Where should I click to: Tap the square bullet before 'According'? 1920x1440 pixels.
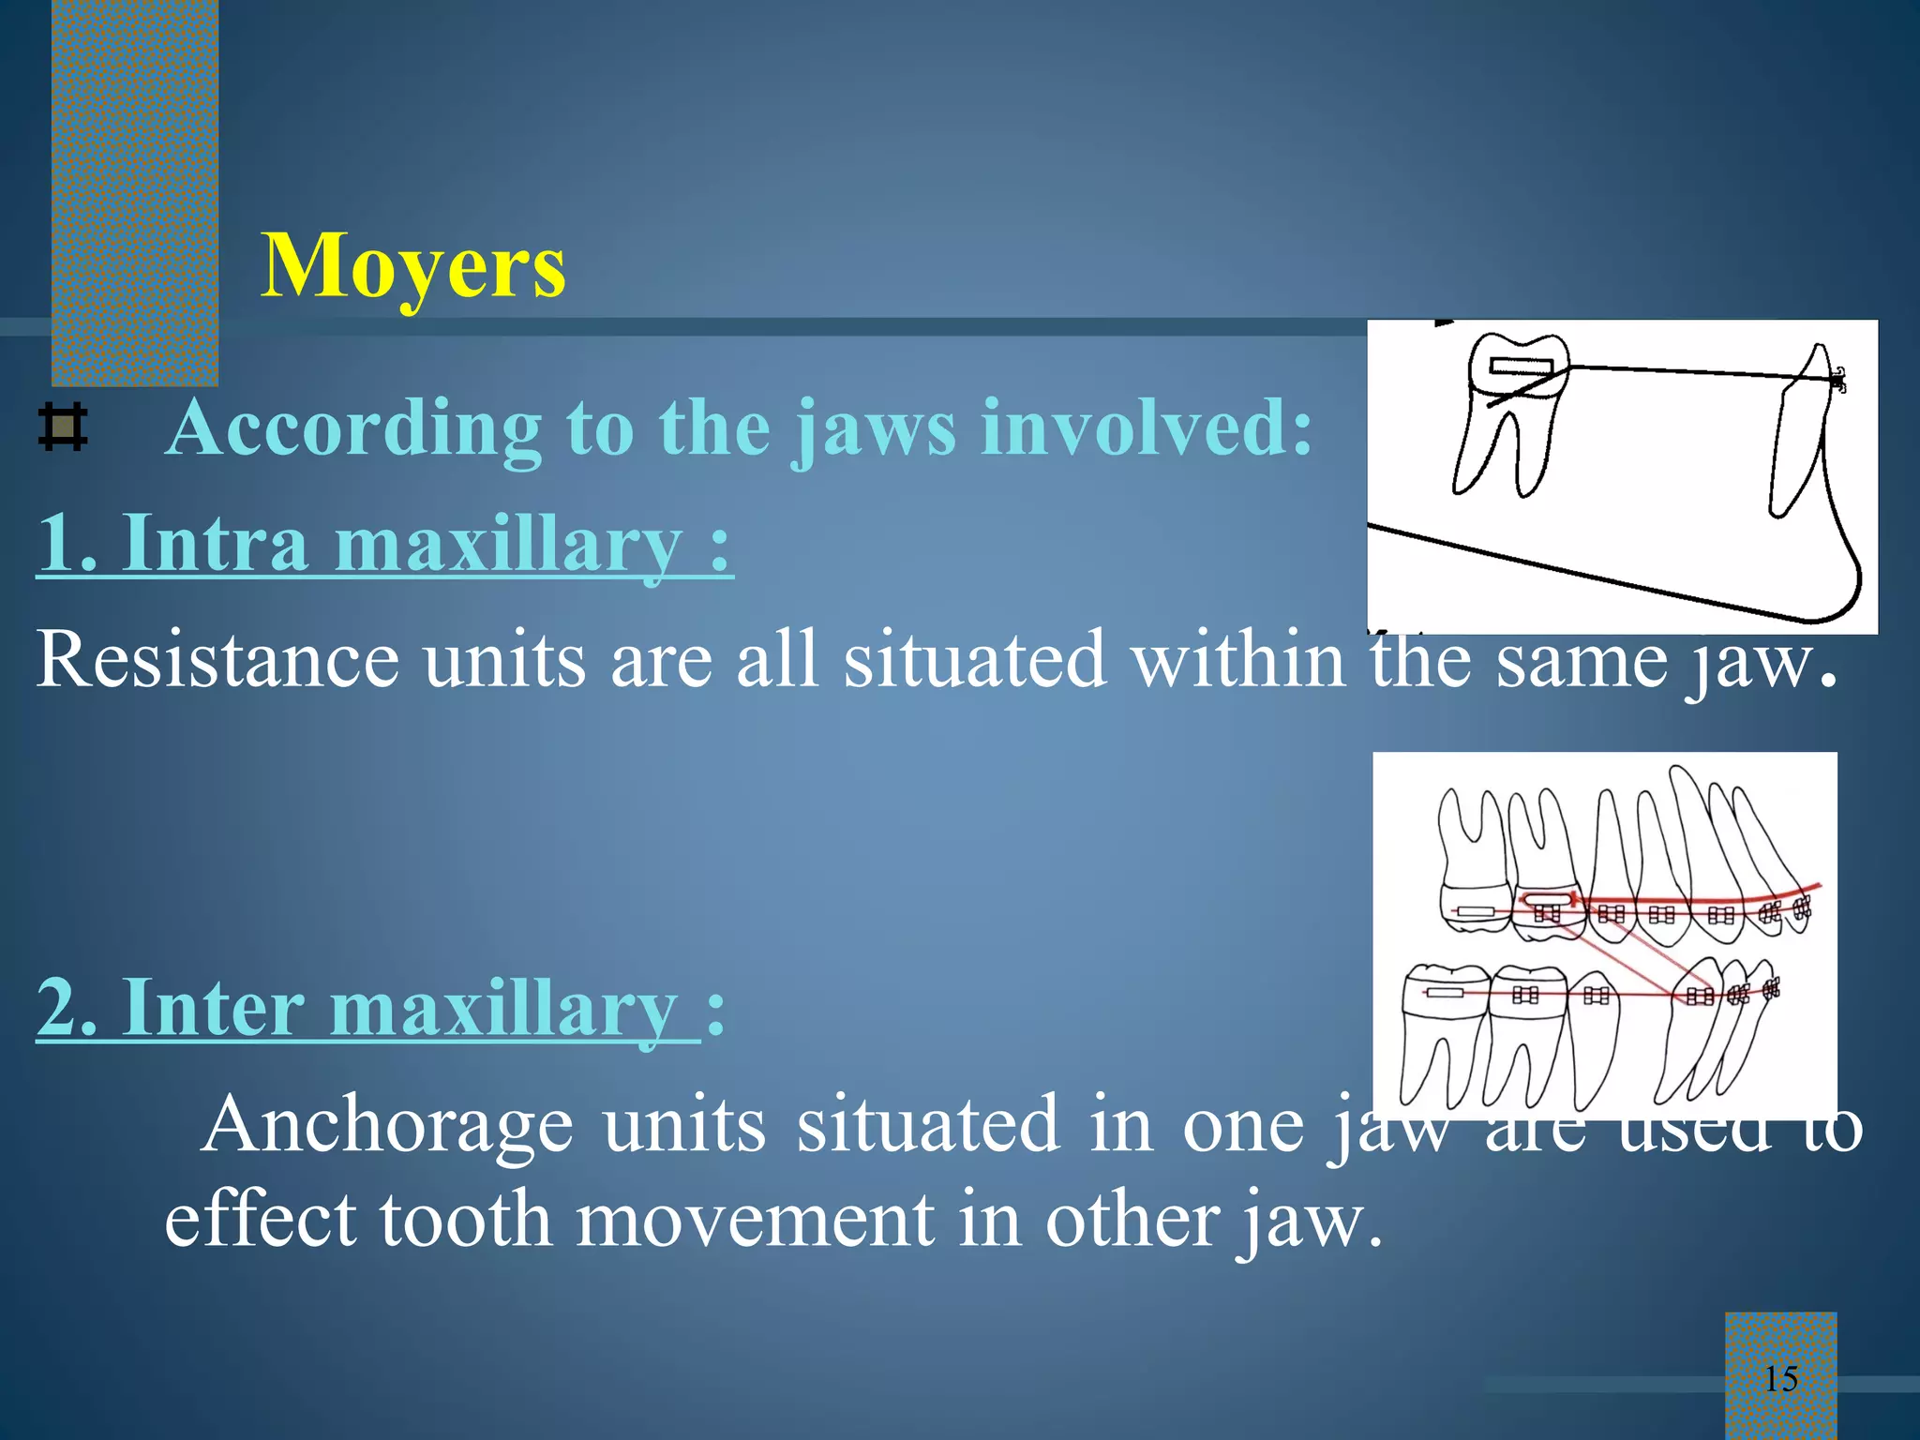pyautogui.click(x=63, y=428)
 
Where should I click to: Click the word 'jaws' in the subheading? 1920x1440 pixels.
pyautogui.click(x=876, y=428)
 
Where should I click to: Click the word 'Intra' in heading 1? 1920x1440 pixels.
pyautogui.click(x=216, y=544)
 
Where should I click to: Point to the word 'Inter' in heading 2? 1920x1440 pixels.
pyautogui.click(x=214, y=1009)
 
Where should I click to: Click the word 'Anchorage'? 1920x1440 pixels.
pyautogui.click(x=386, y=1124)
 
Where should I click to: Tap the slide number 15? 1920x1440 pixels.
pyautogui.click(x=1780, y=1379)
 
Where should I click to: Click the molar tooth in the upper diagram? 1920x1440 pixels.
pyautogui.click(x=1510, y=412)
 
